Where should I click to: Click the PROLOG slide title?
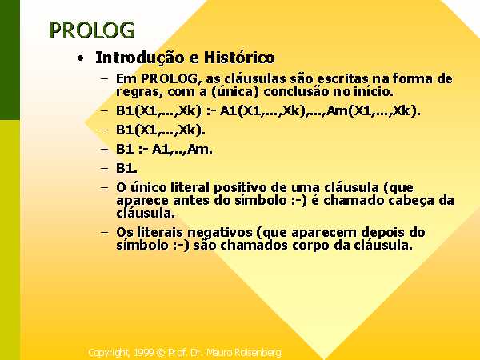click(92, 30)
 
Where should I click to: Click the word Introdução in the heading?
click(140, 58)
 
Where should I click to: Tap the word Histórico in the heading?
click(239, 58)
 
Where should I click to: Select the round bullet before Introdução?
click(81, 58)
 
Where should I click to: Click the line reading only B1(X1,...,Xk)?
click(161, 130)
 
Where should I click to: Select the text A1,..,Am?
click(182, 150)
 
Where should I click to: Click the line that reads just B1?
click(126, 168)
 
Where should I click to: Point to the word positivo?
click(242, 188)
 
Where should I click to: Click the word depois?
click(383, 233)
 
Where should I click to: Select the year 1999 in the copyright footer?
click(144, 353)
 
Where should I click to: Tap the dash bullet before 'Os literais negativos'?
click(104, 232)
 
